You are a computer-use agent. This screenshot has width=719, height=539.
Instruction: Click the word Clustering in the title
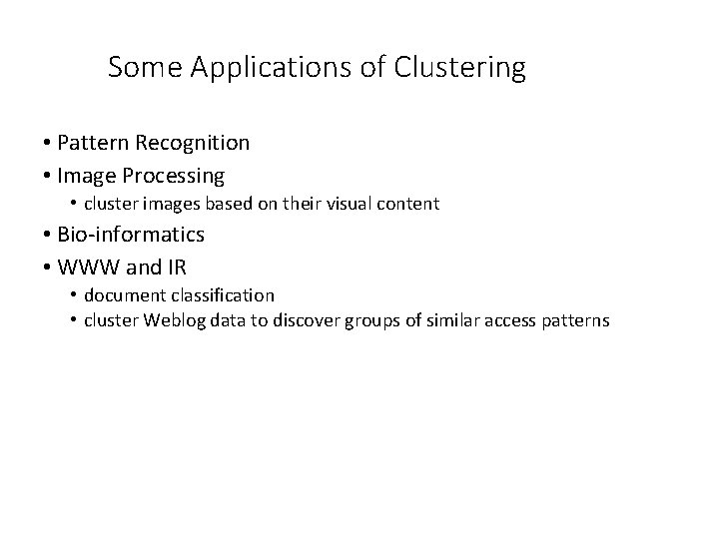(460, 68)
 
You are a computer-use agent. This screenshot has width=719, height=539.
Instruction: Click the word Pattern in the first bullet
(91, 143)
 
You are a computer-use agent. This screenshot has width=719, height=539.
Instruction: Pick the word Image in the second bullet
(86, 176)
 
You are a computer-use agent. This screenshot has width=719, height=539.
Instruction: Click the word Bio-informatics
(130, 235)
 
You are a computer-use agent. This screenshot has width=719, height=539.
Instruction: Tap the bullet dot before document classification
(74, 295)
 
